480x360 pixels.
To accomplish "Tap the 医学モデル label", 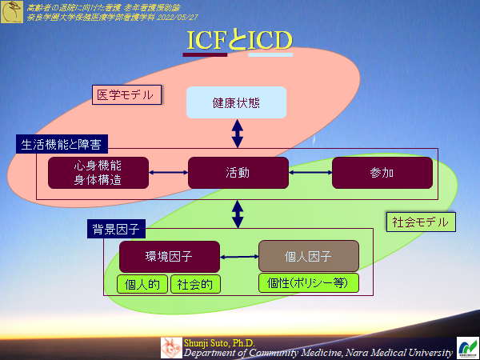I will pyautogui.click(x=123, y=95).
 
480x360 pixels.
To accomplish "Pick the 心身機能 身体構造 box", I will pyautogui.click(x=98, y=173).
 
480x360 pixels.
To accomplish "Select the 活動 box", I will pyautogui.click(x=238, y=173).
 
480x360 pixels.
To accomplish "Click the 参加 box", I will pyautogui.click(x=382, y=173).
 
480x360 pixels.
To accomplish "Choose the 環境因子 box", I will pyautogui.click(x=169, y=256).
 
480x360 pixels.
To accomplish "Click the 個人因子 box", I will pyautogui.click(x=308, y=256).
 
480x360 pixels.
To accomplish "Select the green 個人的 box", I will pyautogui.click(x=142, y=284).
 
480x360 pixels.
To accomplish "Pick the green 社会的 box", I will pyautogui.click(x=194, y=284).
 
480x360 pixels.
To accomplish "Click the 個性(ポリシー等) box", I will pyautogui.click(x=308, y=283).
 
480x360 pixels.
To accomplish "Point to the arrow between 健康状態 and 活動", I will pyautogui.click(x=237, y=133).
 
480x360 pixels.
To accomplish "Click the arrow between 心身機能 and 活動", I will pyautogui.click(x=168, y=173).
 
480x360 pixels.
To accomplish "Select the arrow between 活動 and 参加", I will pyautogui.click(x=310, y=173).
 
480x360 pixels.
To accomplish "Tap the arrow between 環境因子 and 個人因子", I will pyautogui.click(x=238, y=256).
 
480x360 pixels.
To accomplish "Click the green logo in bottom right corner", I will pyautogui.click(x=466, y=347).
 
